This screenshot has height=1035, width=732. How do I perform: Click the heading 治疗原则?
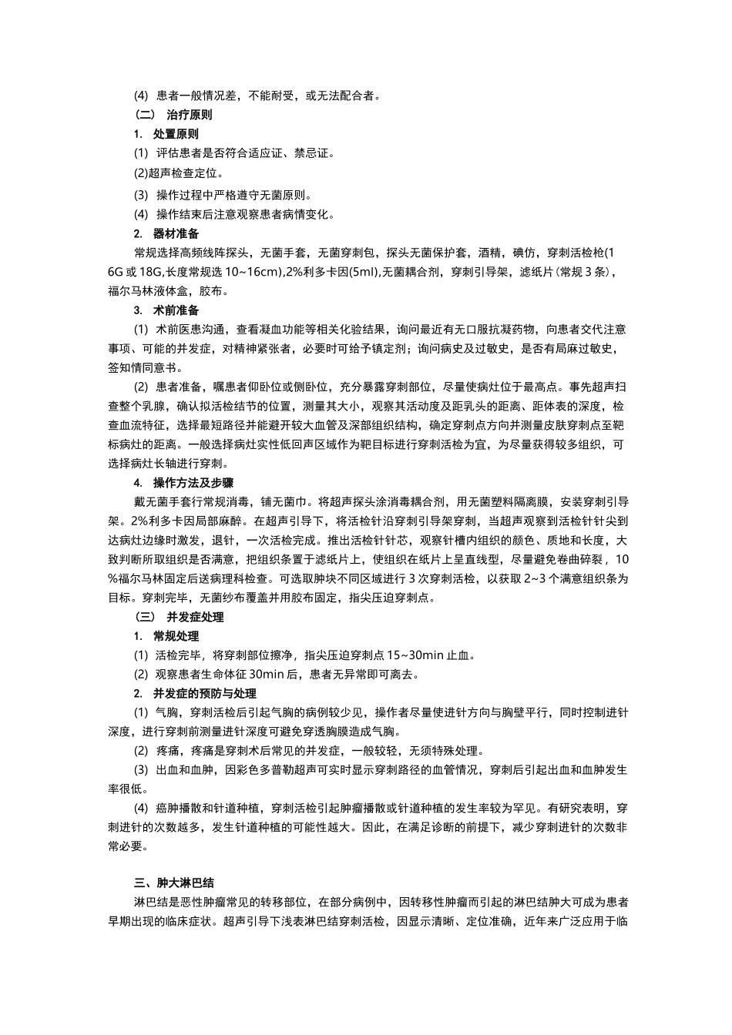click(x=190, y=115)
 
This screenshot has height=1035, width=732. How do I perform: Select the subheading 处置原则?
click(x=176, y=134)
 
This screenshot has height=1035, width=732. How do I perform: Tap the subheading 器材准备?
click(x=176, y=233)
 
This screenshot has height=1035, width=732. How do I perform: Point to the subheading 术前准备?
click(x=176, y=310)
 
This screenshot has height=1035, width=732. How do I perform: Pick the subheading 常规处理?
click(x=176, y=636)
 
